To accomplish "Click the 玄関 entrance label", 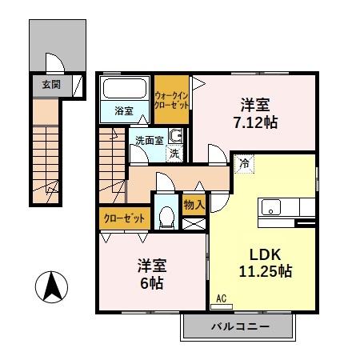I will [46, 82].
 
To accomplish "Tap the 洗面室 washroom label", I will [148, 140].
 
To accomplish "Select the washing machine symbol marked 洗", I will [174, 151].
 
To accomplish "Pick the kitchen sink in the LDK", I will [272, 211].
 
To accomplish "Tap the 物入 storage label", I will [193, 204].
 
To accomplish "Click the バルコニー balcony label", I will [240, 326].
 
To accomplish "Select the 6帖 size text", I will [151, 283].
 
